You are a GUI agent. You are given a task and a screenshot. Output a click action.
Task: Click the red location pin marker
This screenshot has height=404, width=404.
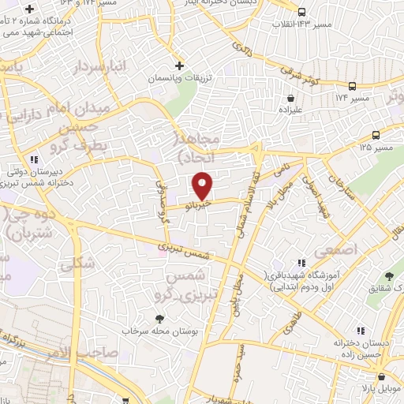tap(203, 185)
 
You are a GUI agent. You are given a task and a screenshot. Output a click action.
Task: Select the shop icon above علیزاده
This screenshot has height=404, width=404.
tap(291, 99)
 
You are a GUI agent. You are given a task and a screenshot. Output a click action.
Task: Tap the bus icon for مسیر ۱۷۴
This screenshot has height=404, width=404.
tap(352, 86)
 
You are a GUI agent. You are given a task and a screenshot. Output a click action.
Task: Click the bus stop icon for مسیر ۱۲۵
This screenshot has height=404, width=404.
tap(376, 135)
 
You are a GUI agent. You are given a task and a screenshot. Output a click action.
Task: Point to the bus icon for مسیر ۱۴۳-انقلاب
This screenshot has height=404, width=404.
tap(302, 11)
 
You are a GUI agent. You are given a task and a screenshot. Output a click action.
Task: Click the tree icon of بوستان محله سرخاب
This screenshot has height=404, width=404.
tap(161, 318)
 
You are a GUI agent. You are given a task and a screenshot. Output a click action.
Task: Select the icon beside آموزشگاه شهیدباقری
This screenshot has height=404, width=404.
tap(300, 264)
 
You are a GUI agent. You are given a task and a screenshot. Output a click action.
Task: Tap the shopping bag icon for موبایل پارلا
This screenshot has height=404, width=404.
tap(380, 377)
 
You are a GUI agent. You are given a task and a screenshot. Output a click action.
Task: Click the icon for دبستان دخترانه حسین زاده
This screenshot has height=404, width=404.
tap(361, 331)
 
